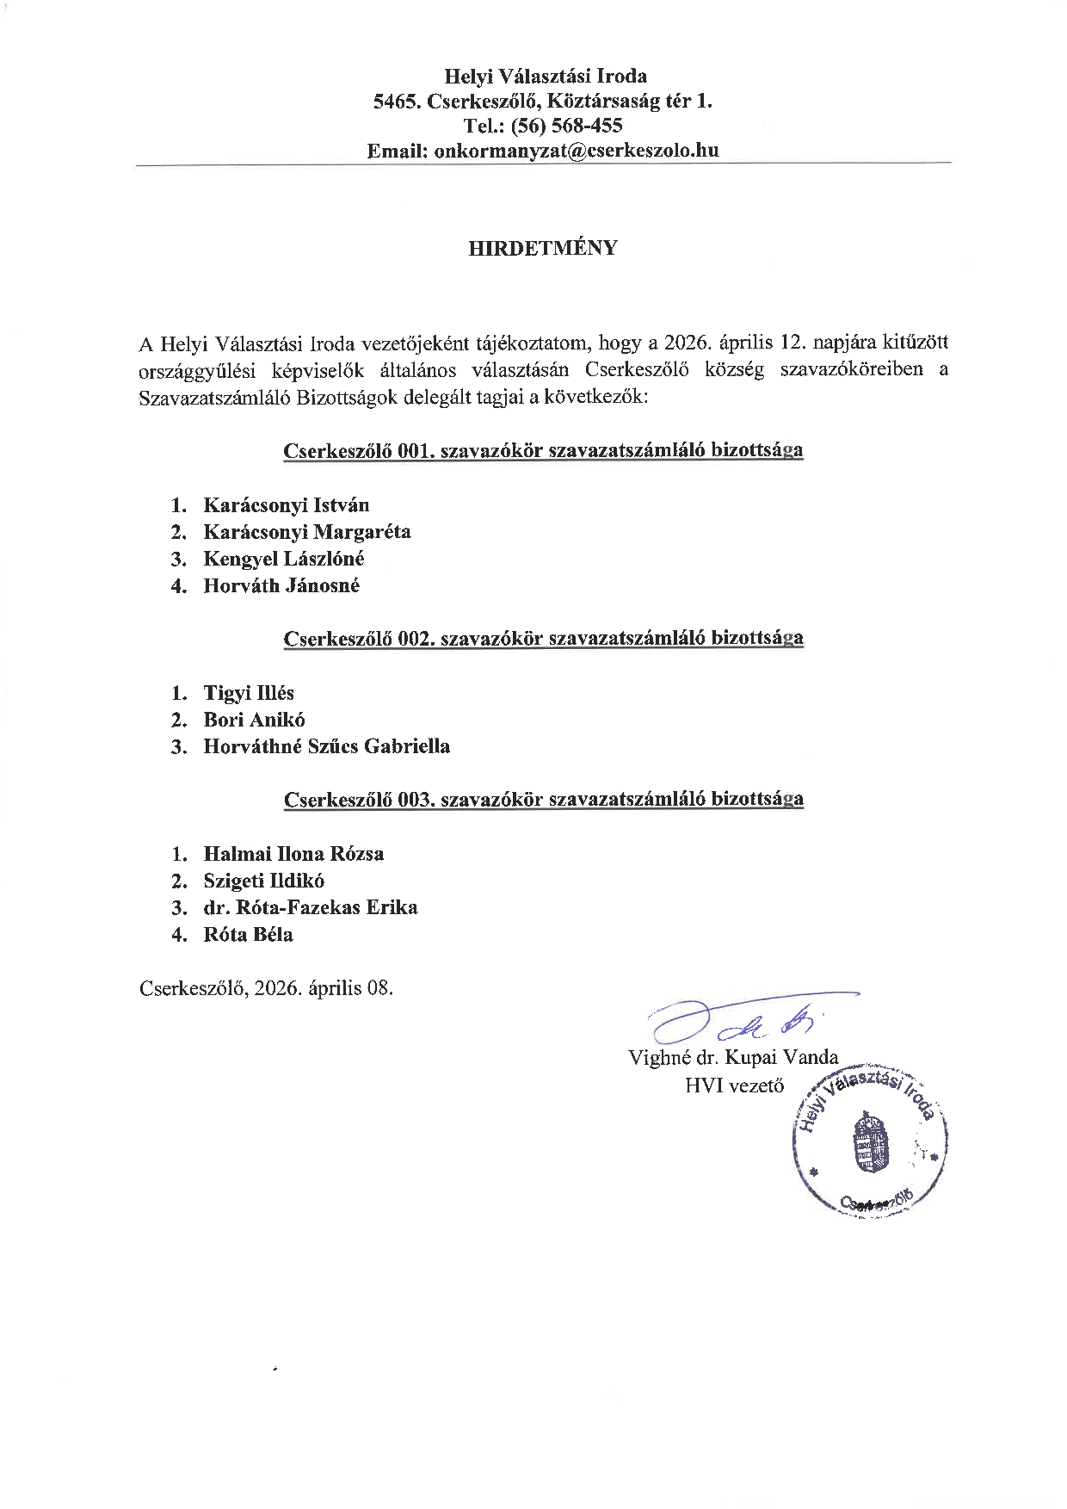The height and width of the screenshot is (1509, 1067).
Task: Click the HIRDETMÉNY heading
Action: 542,248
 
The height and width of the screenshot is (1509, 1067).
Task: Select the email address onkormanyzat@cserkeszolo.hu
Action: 577,151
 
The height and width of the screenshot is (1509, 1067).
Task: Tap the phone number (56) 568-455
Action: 566,126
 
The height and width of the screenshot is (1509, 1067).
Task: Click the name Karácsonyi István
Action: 286,505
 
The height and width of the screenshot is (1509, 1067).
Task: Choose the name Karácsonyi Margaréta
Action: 306,532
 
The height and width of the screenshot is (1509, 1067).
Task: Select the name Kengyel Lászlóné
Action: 283,559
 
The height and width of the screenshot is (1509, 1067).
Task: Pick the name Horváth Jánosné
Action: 281,586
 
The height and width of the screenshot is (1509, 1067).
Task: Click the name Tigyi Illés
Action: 249,693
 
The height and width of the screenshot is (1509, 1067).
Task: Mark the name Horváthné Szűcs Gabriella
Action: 326,746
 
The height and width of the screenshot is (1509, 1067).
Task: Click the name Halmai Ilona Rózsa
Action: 293,854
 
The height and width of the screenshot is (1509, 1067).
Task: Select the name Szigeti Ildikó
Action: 263,881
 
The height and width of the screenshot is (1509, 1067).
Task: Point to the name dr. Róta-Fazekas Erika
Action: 310,907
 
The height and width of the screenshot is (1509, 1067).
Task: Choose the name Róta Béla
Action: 248,935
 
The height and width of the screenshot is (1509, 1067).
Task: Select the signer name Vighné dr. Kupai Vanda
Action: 733,1058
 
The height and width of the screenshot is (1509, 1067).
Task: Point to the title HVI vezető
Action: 734,1085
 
